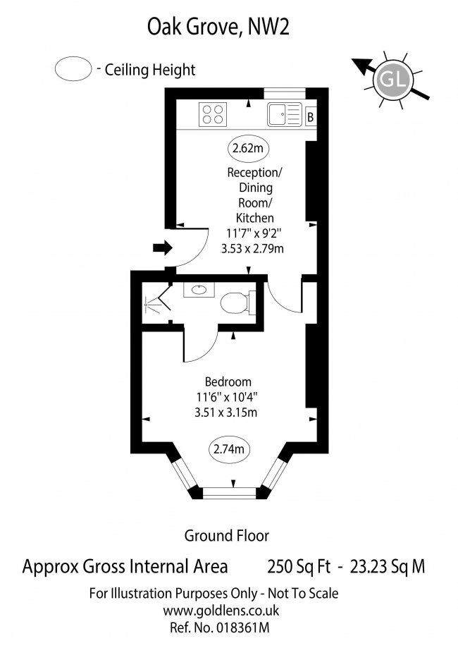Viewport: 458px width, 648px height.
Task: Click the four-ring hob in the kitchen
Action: [x=213, y=114]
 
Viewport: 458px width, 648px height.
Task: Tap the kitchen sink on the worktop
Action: [x=285, y=114]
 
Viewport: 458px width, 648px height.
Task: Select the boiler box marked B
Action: [x=311, y=117]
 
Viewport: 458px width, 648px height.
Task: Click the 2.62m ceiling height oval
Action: [x=248, y=148]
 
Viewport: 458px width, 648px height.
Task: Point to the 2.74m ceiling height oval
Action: [x=229, y=449]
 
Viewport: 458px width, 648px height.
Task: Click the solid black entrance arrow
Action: [x=162, y=247]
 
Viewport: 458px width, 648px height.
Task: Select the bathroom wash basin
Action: [x=199, y=290]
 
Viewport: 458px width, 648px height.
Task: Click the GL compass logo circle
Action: [x=392, y=80]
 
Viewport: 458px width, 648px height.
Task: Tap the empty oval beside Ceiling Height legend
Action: [x=73, y=68]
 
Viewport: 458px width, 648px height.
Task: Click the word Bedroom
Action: [x=228, y=381]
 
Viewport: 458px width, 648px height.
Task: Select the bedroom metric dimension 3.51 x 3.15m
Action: [x=226, y=412]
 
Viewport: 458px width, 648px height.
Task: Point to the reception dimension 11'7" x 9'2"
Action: [x=253, y=233]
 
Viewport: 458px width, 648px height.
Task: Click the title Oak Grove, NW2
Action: [x=218, y=27]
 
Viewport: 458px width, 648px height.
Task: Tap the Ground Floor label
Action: [x=227, y=536]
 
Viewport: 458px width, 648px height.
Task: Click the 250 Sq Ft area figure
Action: [x=299, y=567]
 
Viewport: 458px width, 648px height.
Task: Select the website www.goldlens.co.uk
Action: [x=221, y=611]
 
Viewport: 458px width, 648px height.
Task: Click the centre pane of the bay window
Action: [x=230, y=492]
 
